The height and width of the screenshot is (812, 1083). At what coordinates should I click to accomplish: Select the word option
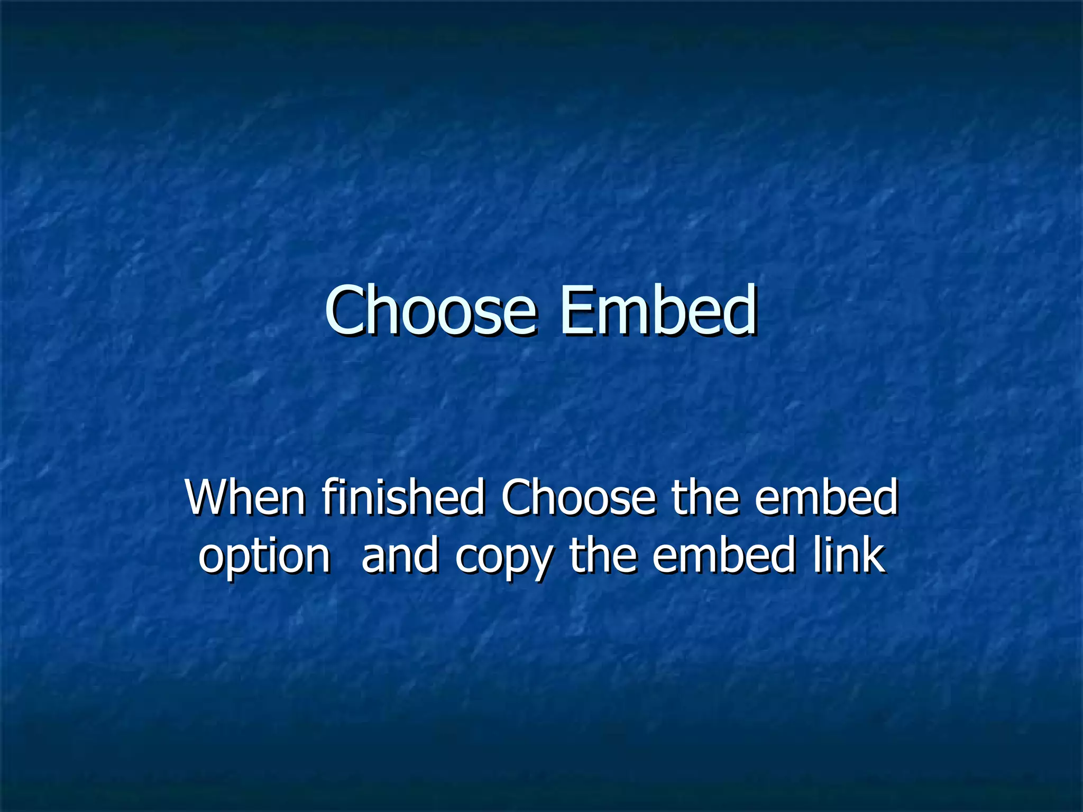click(x=264, y=558)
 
